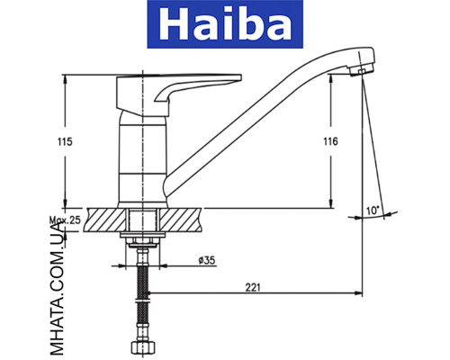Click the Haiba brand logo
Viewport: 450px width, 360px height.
225,27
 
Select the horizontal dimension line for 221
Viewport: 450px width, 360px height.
253,295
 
